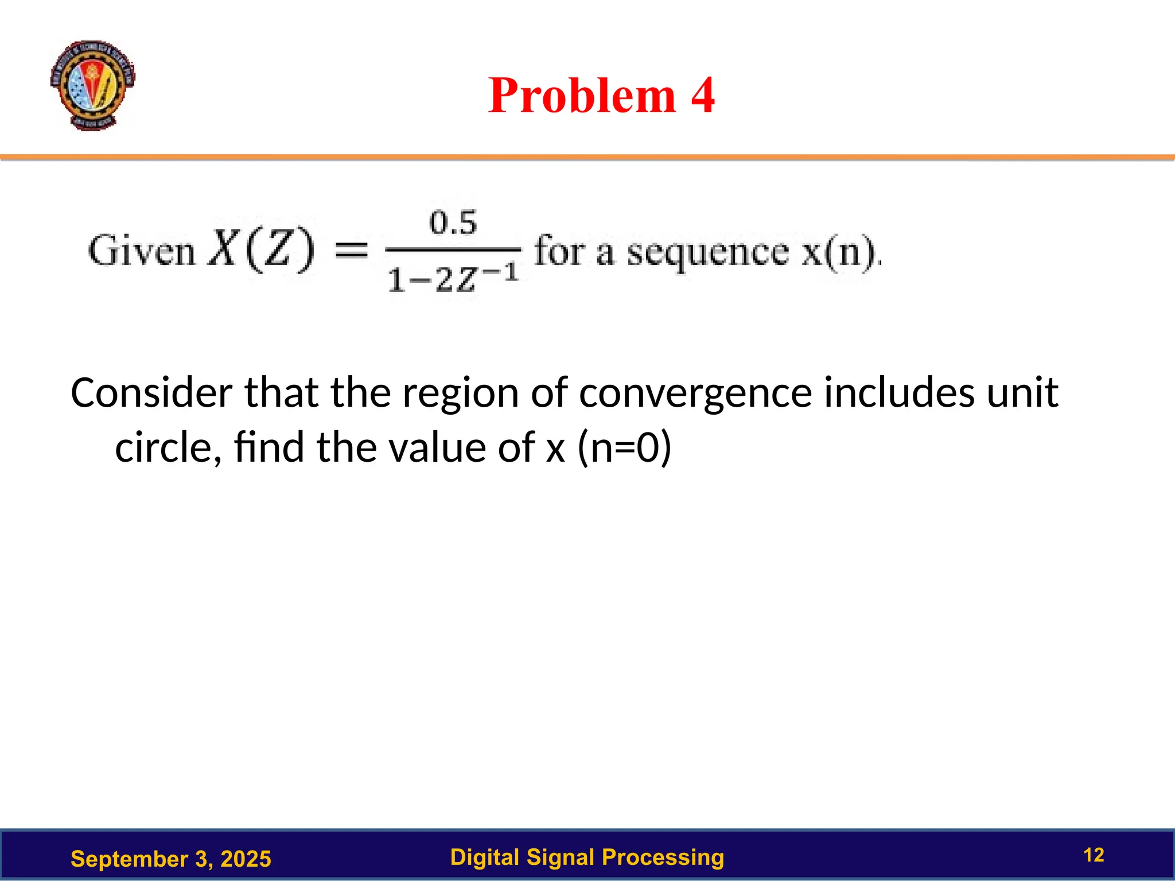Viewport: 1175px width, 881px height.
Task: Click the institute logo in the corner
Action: [92, 85]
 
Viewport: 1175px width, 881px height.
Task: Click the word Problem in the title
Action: [582, 95]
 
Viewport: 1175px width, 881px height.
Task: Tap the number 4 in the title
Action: [702, 95]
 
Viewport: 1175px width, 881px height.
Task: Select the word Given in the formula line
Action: [142, 251]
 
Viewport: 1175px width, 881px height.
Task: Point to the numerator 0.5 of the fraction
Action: [453, 223]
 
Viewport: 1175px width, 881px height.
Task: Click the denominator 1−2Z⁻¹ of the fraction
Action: [453, 279]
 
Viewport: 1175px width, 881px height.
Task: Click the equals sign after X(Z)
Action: [351, 250]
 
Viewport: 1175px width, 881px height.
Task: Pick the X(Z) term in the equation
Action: [261, 250]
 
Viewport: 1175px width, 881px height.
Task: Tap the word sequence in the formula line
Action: [707, 252]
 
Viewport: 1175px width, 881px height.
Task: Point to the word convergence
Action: [695, 394]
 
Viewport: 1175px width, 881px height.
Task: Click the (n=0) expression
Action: [624, 447]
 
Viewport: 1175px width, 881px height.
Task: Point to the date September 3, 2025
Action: [170, 859]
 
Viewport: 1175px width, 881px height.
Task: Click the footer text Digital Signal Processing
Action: [587, 857]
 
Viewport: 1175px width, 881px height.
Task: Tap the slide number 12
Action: [1094, 855]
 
